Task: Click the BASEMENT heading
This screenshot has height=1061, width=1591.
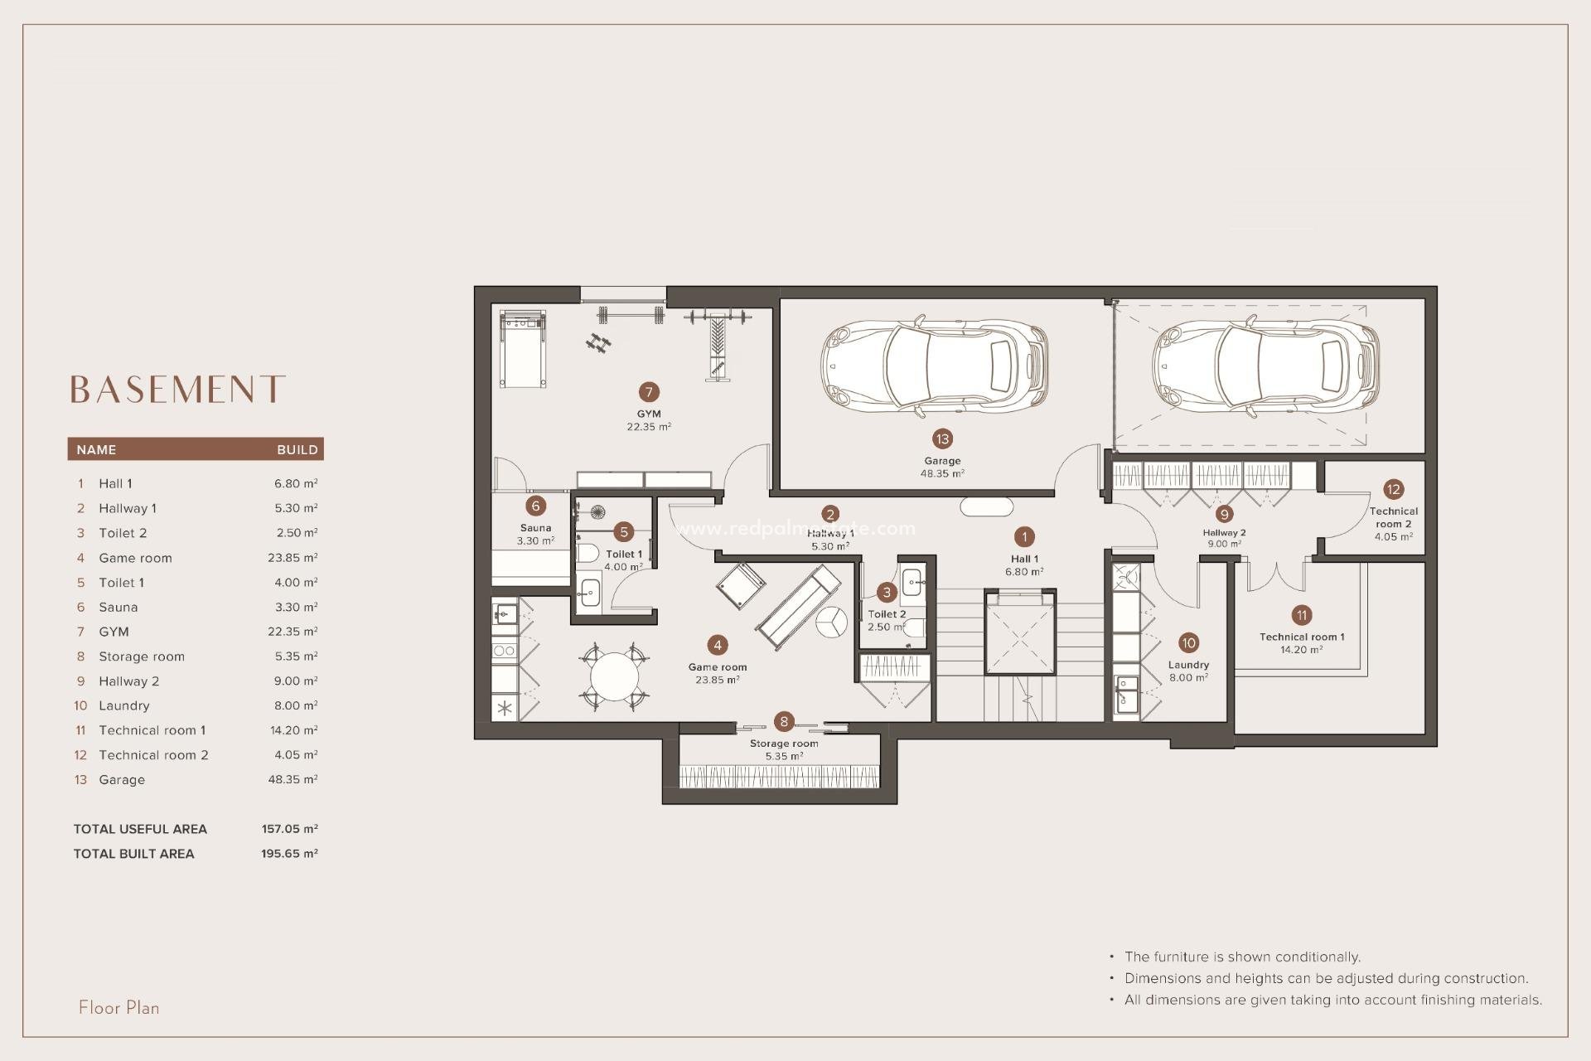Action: coord(177,389)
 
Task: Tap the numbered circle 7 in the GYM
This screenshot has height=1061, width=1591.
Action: coord(649,392)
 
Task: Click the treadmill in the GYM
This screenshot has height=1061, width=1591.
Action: coord(523,347)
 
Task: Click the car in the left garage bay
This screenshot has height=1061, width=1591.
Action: coord(934,365)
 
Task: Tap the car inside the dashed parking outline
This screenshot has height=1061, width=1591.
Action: coord(1265,366)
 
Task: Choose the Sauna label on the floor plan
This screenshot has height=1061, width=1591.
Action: coord(535,528)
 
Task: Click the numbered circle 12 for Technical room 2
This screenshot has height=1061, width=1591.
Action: coord(1393,489)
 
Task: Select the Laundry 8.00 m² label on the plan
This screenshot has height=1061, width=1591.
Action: coord(1188,671)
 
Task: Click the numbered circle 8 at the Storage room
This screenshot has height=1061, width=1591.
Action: coord(783,722)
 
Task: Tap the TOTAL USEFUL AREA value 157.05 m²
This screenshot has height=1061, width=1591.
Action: coord(289,829)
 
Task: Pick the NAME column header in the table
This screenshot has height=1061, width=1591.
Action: coord(96,449)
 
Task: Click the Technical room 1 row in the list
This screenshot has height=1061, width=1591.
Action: coord(152,730)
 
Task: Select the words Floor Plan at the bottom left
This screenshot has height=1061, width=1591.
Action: coord(119,1008)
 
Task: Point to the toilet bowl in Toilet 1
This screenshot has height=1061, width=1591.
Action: coord(588,552)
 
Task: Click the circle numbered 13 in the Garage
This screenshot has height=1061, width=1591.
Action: coord(942,439)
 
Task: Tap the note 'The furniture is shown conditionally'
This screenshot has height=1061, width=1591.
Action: coord(1242,957)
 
